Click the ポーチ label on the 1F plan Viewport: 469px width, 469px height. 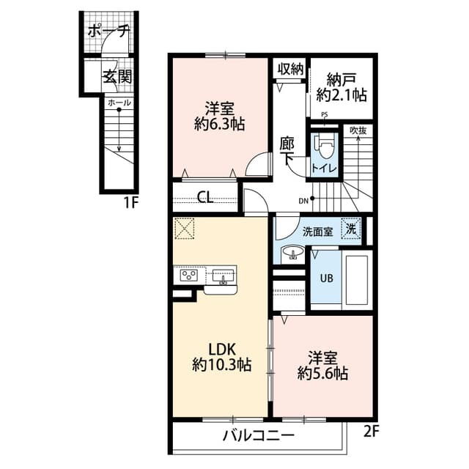tap(108, 32)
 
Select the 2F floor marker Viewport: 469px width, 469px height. tap(372, 431)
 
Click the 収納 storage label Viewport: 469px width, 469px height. tap(291, 69)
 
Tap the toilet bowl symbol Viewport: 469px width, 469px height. tap(324, 147)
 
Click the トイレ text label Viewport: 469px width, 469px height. tap(324, 169)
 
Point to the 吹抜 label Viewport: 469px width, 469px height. tap(358, 130)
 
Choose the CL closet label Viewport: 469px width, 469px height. tap(206, 196)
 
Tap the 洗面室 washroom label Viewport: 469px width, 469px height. tap(318, 231)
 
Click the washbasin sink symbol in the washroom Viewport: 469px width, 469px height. tap(293, 254)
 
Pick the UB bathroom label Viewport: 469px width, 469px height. tap(325, 278)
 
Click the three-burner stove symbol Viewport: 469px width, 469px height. tap(188, 276)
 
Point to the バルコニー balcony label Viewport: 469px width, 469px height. tap(259, 435)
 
